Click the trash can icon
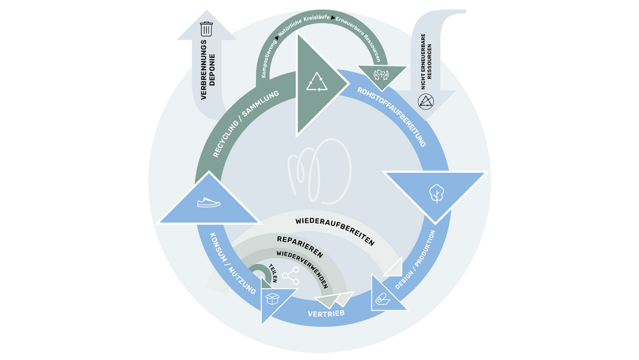point(206,29)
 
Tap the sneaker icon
point(209,202)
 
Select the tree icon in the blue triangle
point(436,194)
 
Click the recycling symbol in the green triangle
point(317,82)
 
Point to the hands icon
point(381,75)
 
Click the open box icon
point(272,299)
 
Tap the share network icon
point(291,276)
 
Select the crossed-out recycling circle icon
point(426,102)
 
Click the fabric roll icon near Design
point(383,300)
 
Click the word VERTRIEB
point(326,313)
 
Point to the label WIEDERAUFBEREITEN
point(335,231)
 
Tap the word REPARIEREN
point(300,247)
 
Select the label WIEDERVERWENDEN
point(302,269)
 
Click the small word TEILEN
point(273,273)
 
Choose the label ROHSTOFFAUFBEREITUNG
point(392,116)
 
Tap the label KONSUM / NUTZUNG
point(233,263)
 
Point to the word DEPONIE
point(212,70)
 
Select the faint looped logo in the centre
point(319,171)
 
